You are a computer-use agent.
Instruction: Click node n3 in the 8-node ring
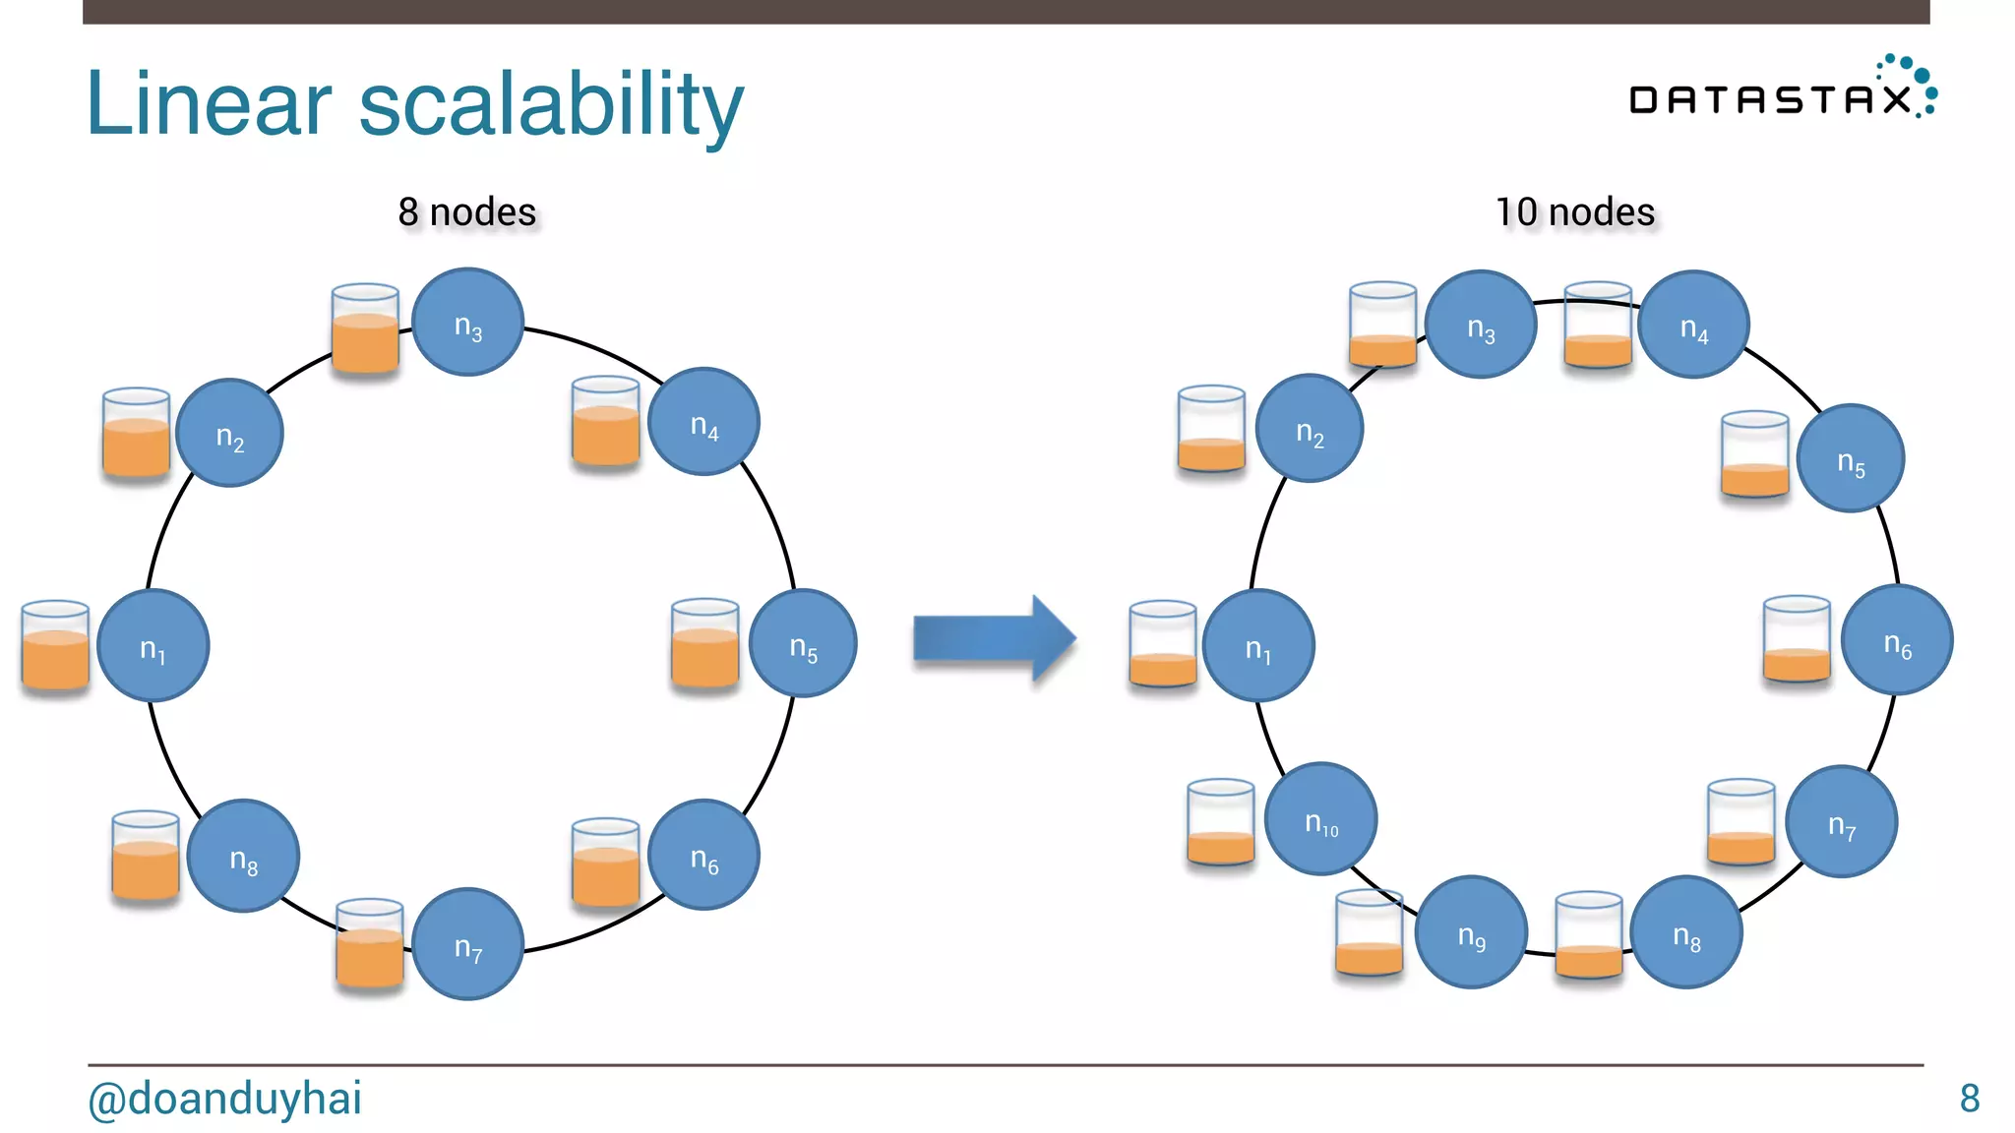[467, 323]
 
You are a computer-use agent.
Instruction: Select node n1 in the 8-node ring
[153, 645]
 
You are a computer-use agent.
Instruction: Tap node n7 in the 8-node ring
[467, 944]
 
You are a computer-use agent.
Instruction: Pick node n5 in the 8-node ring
[803, 643]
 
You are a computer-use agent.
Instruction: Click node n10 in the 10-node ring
[1320, 819]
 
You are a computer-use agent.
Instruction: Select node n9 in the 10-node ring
[1471, 932]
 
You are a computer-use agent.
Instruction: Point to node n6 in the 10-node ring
[1897, 640]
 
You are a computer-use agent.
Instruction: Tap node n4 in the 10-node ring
[1693, 325]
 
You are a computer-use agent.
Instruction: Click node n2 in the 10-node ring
[1310, 429]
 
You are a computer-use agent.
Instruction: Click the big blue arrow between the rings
[994, 638]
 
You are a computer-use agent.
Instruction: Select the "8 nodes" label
[467, 211]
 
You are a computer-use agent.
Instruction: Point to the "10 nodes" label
[1575, 211]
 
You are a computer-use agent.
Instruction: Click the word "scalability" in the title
[551, 104]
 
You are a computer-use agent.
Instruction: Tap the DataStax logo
[1782, 90]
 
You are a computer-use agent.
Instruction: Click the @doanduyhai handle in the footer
[225, 1098]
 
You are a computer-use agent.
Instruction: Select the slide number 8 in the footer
[1969, 1098]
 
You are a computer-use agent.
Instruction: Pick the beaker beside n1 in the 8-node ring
[55, 645]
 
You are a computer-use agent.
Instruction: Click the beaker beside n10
[1221, 822]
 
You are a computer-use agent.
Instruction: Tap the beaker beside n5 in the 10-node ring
[1755, 454]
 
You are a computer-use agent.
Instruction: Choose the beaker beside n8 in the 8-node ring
[146, 856]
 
